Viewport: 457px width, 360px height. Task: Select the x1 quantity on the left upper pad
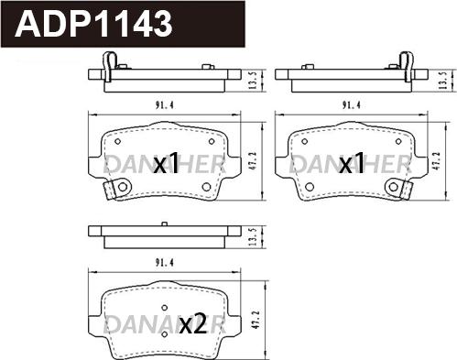click(166, 164)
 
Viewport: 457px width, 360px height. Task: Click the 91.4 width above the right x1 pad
click(350, 105)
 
